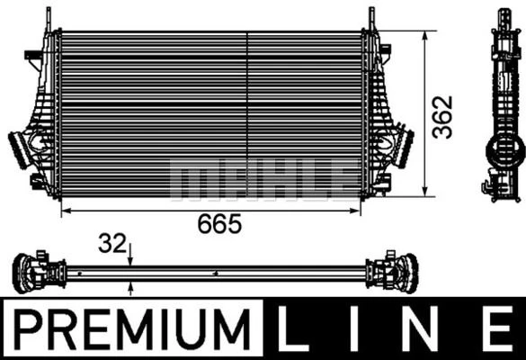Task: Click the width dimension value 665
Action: tap(220, 224)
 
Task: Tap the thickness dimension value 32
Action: tap(111, 243)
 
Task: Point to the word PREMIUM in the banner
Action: tap(131, 330)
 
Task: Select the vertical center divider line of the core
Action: tap(247, 112)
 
